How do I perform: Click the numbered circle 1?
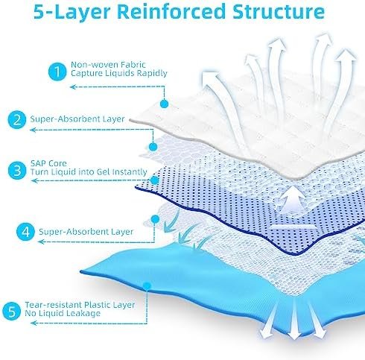(x=57, y=72)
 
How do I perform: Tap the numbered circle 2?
(x=16, y=120)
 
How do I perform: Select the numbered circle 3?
(x=17, y=171)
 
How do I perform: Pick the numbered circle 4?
(x=26, y=232)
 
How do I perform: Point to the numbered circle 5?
(x=11, y=311)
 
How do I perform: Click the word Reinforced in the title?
(x=171, y=11)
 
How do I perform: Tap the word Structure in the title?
(x=279, y=11)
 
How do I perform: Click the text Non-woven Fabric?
(x=108, y=65)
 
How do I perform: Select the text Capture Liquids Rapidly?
(x=119, y=73)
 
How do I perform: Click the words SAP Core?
(x=48, y=163)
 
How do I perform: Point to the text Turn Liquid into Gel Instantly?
(x=89, y=172)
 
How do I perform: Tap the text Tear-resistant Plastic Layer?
(x=80, y=305)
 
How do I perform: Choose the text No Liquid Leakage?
(x=63, y=313)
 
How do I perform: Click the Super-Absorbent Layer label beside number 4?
(x=86, y=232)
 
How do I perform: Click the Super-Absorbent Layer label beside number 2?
(x=77, y=119)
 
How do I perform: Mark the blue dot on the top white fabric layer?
(x=164, y=104)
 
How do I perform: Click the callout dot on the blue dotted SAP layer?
(x=155, y=180)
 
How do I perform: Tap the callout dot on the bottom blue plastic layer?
(x=147, y=285)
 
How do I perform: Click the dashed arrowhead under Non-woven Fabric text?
(x=73, y=87)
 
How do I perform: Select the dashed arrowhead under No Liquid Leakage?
(x=34, y=323)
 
